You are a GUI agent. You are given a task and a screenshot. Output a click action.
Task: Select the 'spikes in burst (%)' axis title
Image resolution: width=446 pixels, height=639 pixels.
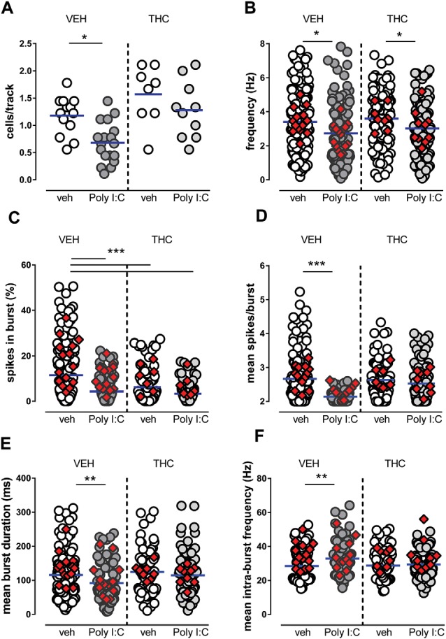tap(10, 334)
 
